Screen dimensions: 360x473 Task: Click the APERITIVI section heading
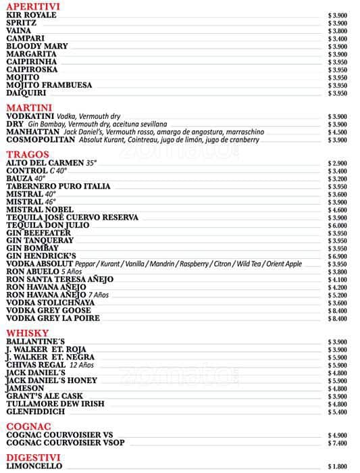tap(32, 6)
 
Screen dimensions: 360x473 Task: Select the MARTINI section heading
tap(29, 107)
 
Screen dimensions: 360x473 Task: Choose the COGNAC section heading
tap(28, 426)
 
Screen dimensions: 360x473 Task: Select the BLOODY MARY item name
tap(38, 46)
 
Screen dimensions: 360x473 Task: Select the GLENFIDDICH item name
tap(36, 412)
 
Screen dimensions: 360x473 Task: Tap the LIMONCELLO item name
tap(34, 466)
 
